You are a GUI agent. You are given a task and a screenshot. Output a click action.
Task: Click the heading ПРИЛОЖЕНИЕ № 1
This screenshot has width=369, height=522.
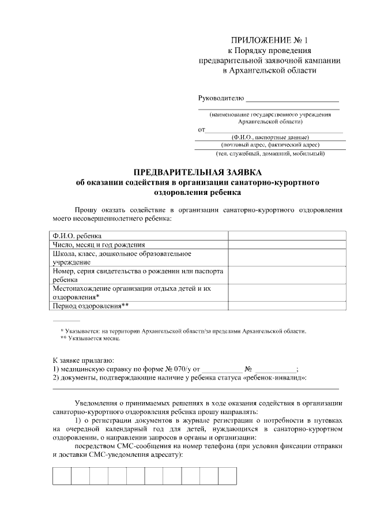tap(270, 40)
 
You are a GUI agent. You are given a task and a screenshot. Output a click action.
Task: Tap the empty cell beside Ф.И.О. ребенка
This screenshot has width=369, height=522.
tap(287, 235)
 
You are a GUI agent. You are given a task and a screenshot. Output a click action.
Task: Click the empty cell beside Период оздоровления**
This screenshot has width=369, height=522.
tap(287, 306)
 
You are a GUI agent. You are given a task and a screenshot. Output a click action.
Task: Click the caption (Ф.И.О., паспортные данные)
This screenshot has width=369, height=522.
tap(270, 137)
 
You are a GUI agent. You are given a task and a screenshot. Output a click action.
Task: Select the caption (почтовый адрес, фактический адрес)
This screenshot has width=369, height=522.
tap(270, 145)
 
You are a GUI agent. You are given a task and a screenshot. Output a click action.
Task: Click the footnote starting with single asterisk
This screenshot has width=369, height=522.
tap(183, 331)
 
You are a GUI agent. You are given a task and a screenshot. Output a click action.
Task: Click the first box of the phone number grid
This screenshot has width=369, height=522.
tap(62, 476)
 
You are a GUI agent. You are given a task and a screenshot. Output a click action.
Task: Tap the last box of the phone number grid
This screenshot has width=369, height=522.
tap(228, 476)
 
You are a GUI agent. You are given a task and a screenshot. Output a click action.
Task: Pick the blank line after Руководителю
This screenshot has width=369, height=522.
tap(292, 100)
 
